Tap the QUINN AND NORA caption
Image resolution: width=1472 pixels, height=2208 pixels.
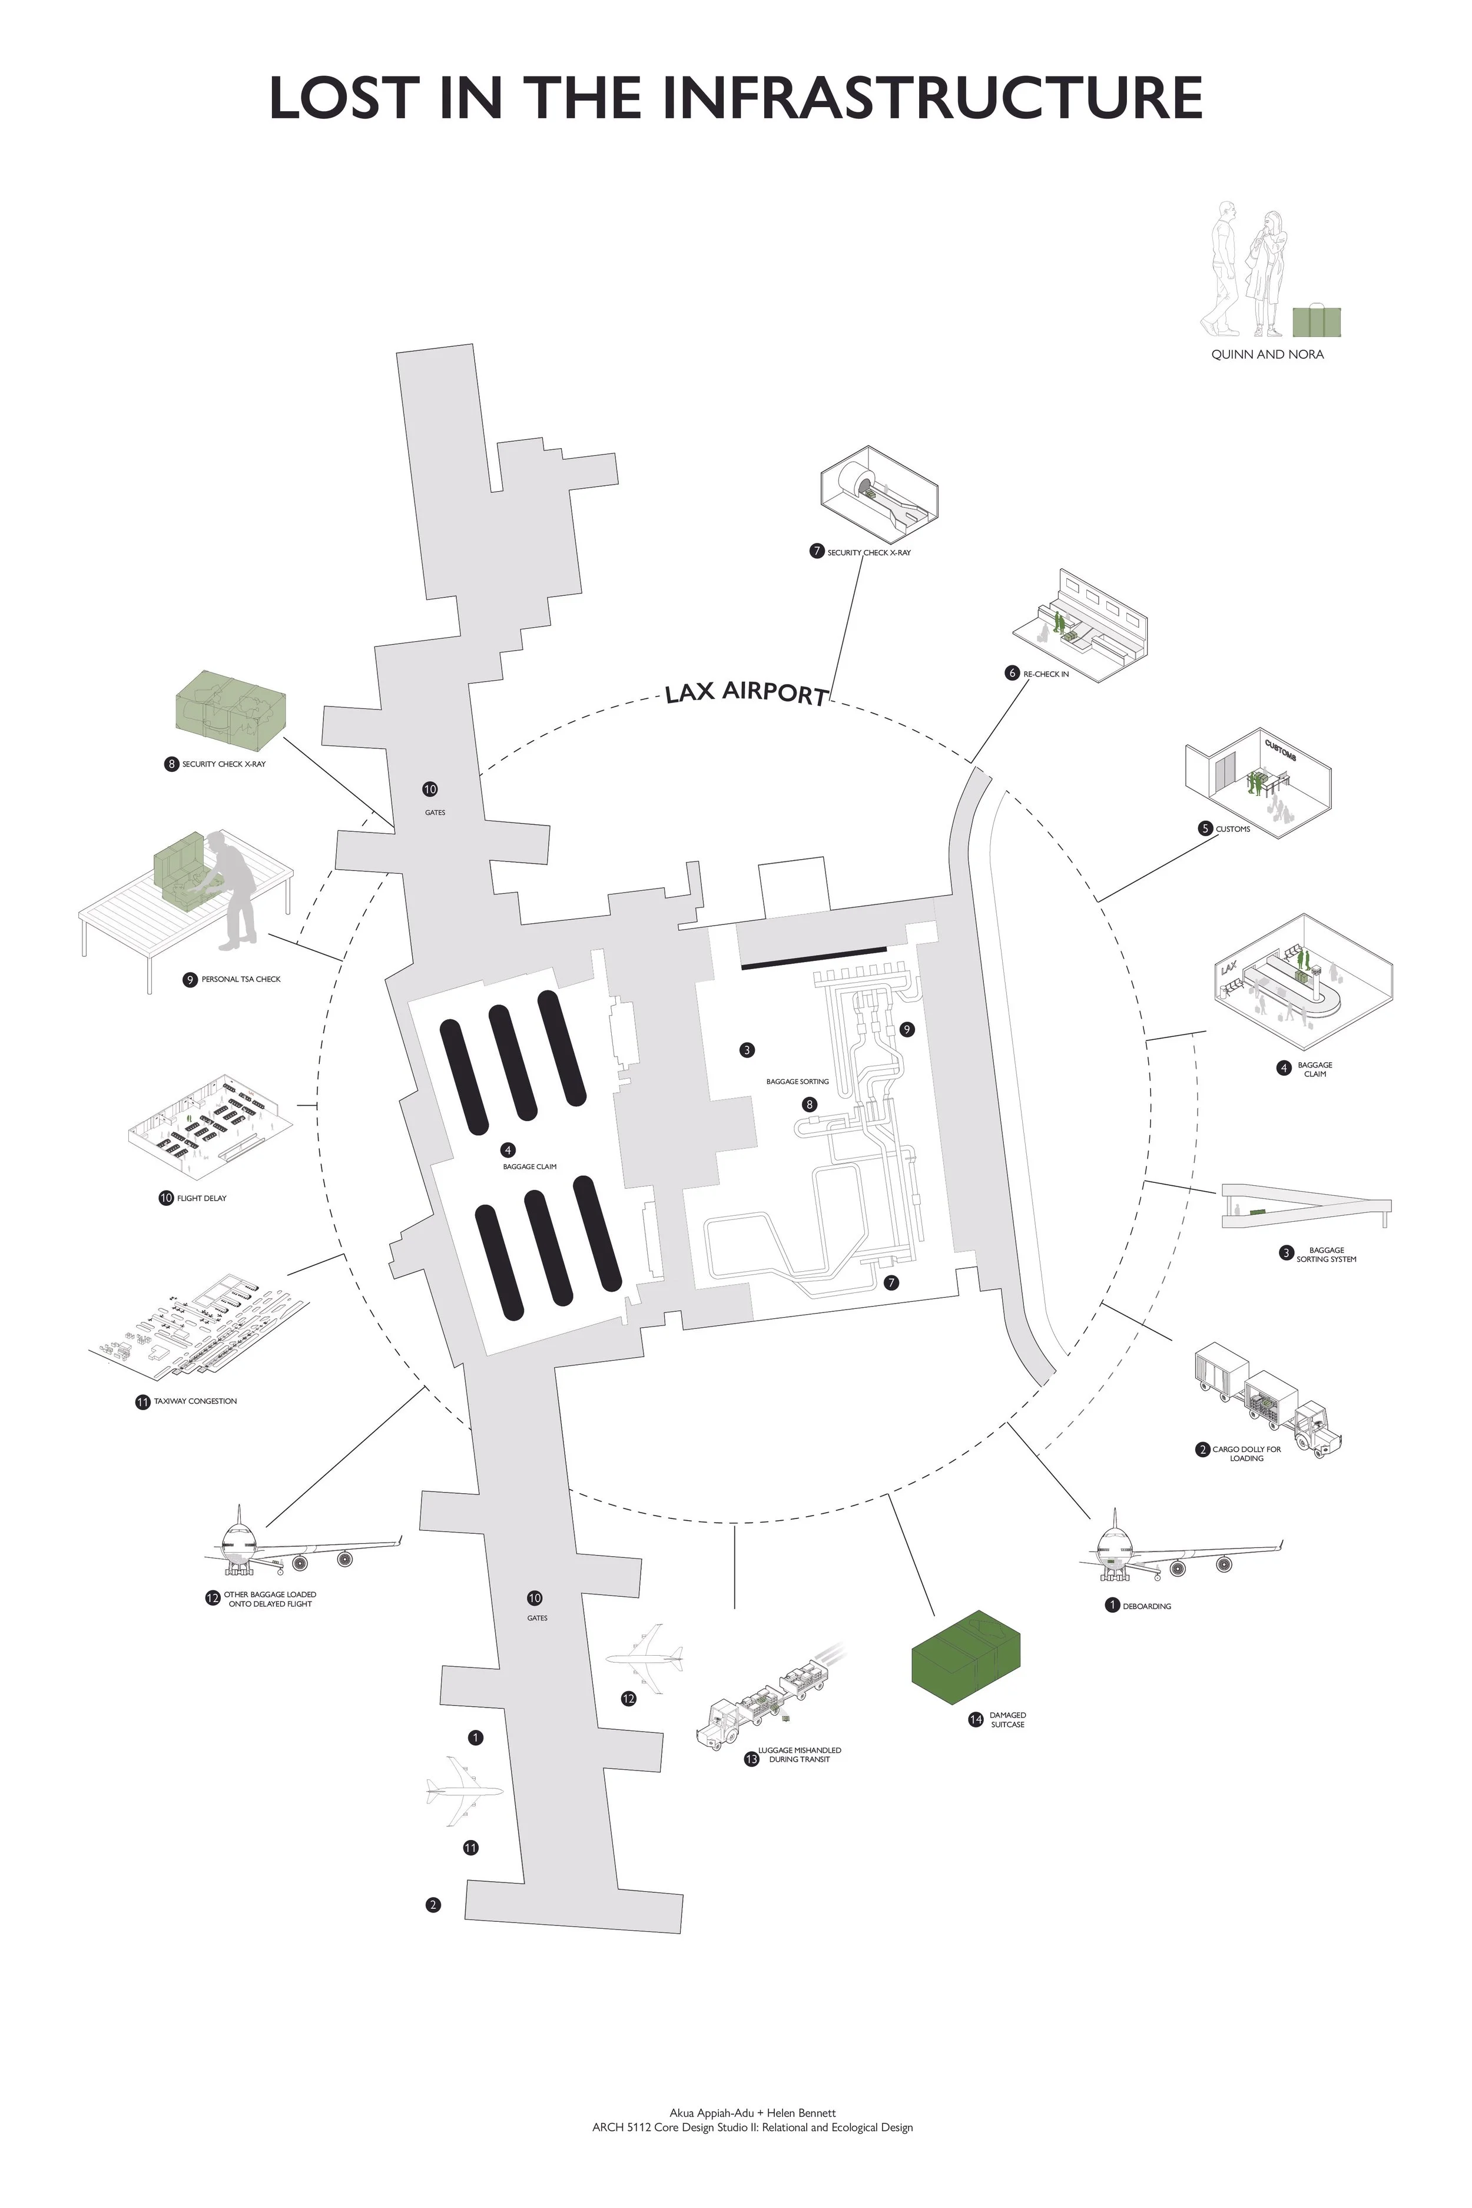(1267, 355)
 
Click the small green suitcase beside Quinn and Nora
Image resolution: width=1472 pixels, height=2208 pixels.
(1316, 321)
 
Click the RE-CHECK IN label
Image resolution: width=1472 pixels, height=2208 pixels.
(1046, 674)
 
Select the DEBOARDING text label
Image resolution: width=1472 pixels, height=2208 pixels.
(1146, 1606)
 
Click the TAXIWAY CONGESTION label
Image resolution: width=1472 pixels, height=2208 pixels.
(195, 1401)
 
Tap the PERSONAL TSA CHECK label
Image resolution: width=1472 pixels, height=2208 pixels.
(241, 979)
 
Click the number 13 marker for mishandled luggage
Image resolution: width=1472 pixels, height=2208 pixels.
(751, 1759)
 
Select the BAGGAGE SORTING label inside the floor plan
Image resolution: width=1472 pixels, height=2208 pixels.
(797, 1082)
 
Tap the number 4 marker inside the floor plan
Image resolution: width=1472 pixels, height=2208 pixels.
(508, 1150)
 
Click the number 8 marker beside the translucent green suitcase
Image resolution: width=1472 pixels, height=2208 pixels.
(172, 764)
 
